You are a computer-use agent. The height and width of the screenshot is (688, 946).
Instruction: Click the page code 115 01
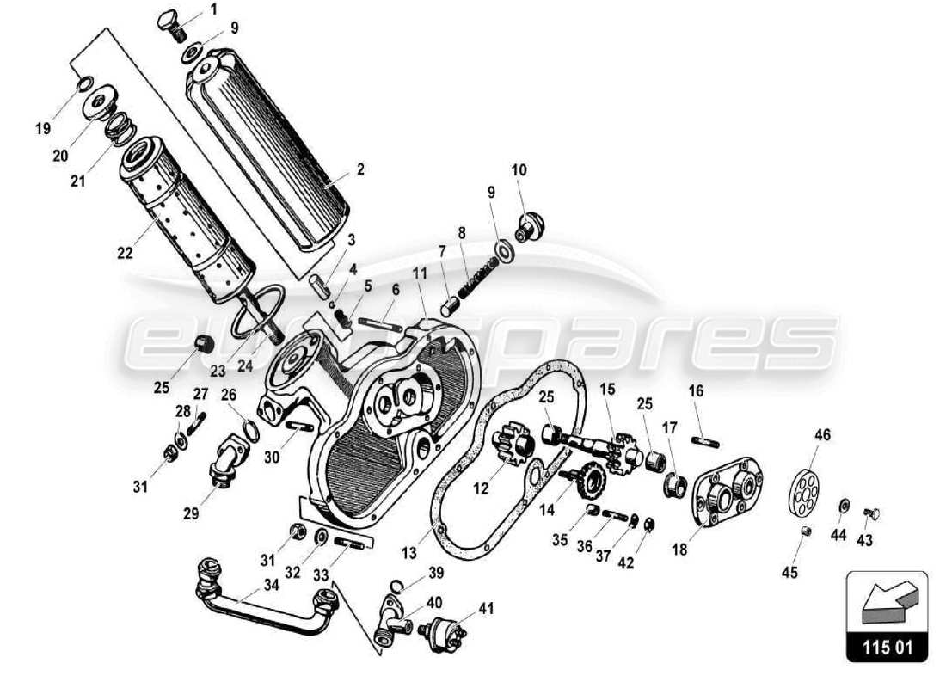click(888, 645)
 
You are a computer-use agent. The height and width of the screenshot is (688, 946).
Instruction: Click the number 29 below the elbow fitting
click(191, 514)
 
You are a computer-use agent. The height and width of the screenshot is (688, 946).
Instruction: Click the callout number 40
click(434, 601)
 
